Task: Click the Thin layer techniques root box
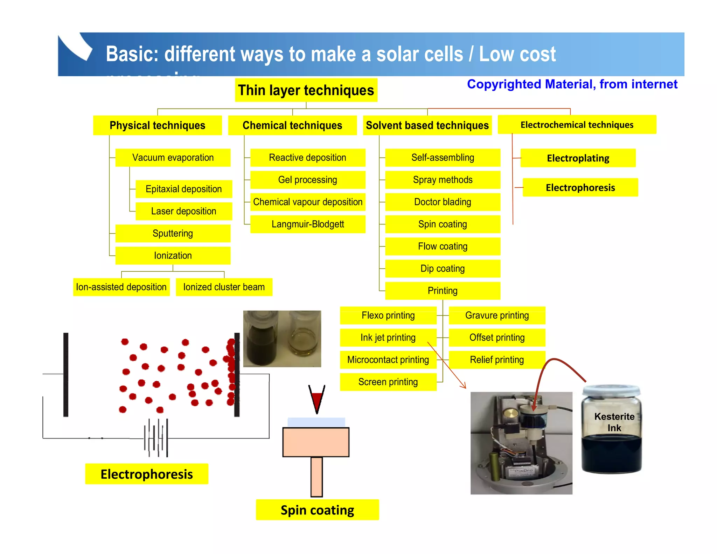pyautogui.click(x=306, y=90)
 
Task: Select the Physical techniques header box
pyautogui.click(x=157, y=125)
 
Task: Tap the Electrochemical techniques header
pyautogui.click(x=577, y=125)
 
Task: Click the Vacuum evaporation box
pyautogui.click(x=173, y=158)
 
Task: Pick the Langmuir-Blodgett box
pyautogui.click(x=308, y=224)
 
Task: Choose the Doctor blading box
pyautogui.click(x=443, y=202)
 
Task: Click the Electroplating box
pyautogui.click(x=578, y=158)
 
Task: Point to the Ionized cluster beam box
pyautogui.click(x=224, y=287)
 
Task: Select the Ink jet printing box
pyautogui.click(x=388, y=338)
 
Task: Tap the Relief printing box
pyautogui.click(x=497, y=360)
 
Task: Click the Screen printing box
pyautogui.click(x=388, y=382)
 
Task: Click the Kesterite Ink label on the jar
pyautogui.click(x=614, y=422)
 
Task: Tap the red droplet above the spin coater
pyautogui.click(x=317, y=399)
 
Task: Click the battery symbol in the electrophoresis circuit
pyautogui.click(x=156, y=438)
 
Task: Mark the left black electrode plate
pyautogui.click(x=66, y=375)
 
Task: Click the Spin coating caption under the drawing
pyautogui.click(x=317, y=510)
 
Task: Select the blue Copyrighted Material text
pyautogui.click(x=572, y=84)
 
